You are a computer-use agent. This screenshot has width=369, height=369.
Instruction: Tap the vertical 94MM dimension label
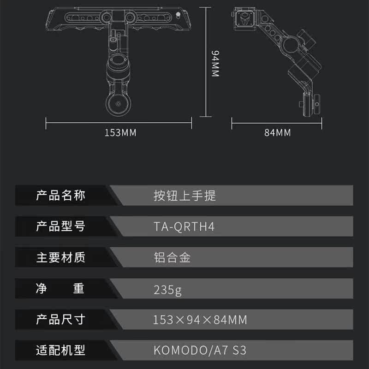(x=215, y=64)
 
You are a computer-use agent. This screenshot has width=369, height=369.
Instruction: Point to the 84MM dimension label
(x=277, y=133)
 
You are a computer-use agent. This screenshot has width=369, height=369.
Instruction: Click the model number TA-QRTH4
(x=184, y=227)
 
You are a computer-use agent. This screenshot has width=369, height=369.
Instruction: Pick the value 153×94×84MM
(x=200, y=319)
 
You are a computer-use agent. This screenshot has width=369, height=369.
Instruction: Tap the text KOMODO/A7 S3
(x=200, y=350)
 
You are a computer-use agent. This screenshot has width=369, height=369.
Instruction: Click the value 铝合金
(x=172, y=257)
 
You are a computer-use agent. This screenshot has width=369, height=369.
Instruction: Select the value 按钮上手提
(x=184, y=196)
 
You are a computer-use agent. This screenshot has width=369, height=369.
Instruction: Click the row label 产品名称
(x=61, y=196)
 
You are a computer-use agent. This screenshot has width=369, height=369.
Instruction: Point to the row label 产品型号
(x=61, y=226)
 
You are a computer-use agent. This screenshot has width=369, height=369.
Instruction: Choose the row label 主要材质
(x=61, y=257)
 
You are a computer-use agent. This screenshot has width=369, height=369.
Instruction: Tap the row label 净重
(x=61, y=289)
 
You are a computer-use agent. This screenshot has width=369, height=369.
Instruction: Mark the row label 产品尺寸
(x=61, y=319)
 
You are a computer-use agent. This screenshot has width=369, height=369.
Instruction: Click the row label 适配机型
(x=61, y=350)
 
